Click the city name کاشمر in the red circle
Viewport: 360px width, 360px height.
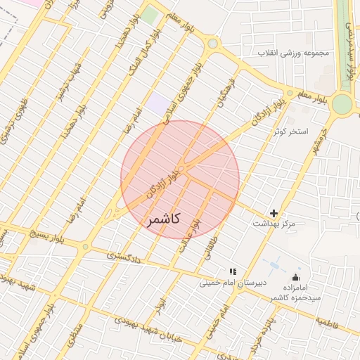164,220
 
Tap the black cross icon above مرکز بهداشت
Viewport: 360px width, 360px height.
274,212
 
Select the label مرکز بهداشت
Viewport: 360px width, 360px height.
274,224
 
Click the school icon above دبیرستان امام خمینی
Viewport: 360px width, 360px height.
233,271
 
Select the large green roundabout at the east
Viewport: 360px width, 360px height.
342,103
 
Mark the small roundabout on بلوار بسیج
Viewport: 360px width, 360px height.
85,247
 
